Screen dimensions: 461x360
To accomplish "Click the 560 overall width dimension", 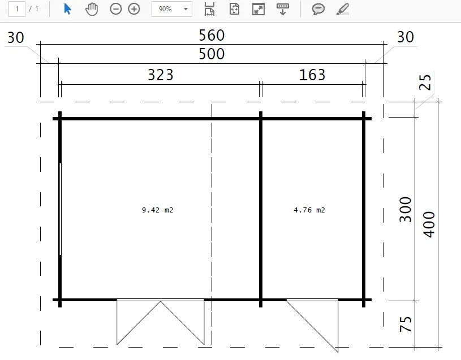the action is (x=212, y=35).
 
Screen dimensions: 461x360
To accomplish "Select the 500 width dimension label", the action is (x=212, y=54).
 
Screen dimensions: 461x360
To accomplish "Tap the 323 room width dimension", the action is (x=161, y=75).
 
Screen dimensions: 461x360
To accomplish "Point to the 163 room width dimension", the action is (x=312, y=75).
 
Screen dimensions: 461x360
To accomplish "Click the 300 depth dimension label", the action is (x=406, y=210).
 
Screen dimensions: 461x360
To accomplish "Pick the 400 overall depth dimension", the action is (x=429, y=224).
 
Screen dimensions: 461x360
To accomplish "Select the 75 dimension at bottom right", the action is (x=406, y=324).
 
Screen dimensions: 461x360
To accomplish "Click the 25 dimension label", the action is (x=425, y=82).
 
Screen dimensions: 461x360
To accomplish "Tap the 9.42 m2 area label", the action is (x=158, y=210).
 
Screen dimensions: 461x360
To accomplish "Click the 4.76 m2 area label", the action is (x=309, y=210).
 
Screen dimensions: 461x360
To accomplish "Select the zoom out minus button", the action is (x=115, y=9).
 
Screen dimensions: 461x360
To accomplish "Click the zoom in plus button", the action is (x=134, y=9).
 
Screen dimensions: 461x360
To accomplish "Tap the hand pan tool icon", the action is (x=92, y=9).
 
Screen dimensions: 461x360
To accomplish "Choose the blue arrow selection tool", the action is (x=68, y=9).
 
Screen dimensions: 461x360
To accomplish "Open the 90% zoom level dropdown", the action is (x=172, y=9).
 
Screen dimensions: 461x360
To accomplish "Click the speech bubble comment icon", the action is (x=318, y=9).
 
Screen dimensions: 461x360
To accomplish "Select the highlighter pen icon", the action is (x=343, y=9).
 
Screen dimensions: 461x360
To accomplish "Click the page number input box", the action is (x=17, y=9).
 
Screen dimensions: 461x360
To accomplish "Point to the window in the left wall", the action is (x=60, y=209).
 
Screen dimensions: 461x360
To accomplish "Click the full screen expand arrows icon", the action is (x=258, y=9).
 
